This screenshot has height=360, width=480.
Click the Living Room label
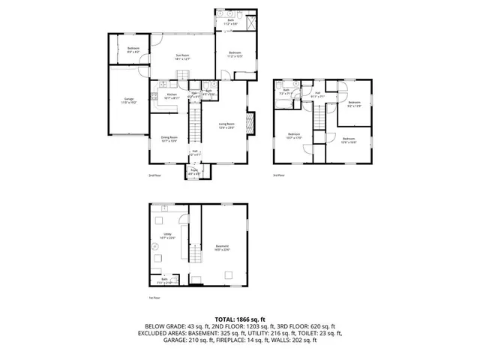pyautogui.click(x=226, y=126)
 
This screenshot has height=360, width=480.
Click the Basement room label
pyautogui.click(x=223, y=249)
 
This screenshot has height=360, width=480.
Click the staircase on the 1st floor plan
pyautogui.click(x=196, y=254)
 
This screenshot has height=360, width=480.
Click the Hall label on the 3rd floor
pyautogui.click(x=317, y=94)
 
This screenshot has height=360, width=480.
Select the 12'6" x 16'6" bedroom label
pyautogui.click(x=348, y=140)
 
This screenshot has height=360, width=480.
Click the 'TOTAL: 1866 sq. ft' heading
pyautogui.click(x=240, y=319)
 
